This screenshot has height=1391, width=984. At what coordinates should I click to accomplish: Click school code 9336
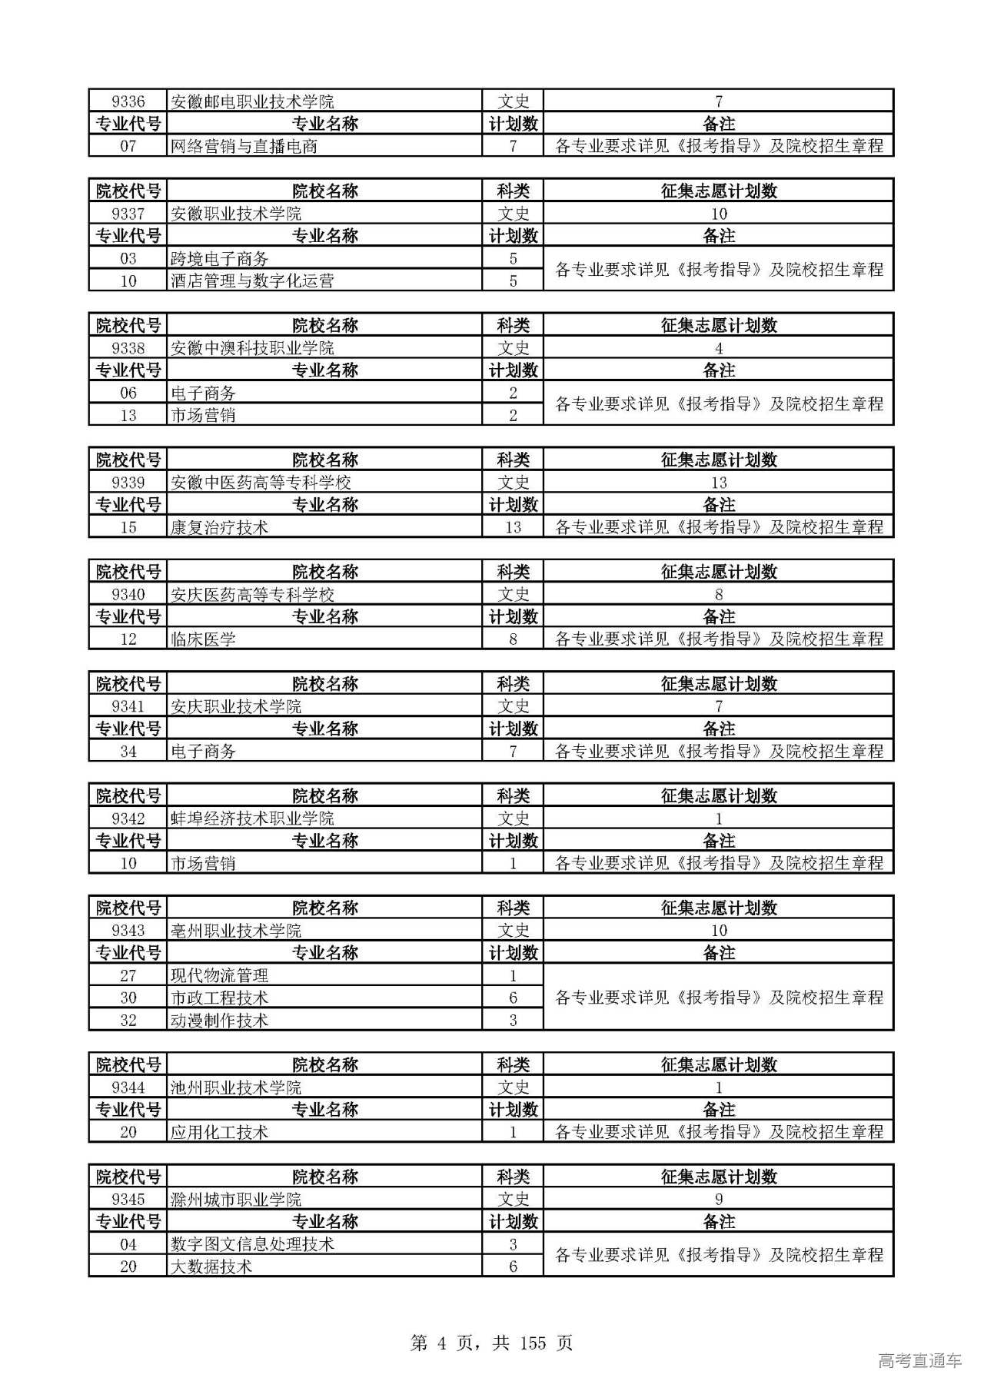point(128,101)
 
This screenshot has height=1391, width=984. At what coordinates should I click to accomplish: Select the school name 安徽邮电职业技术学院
point(252,101)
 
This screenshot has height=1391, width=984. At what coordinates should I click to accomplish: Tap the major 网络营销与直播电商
point(244,146)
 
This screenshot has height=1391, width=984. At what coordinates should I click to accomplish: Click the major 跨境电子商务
point(219,259)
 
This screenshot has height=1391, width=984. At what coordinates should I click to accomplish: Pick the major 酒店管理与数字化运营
point(252,281)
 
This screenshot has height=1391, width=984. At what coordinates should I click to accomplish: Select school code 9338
point(128,348)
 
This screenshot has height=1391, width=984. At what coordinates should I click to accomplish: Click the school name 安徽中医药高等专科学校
point(261,483)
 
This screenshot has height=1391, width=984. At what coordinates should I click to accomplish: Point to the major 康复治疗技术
point(219,527)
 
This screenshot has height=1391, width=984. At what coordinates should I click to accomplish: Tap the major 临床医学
point(203,639)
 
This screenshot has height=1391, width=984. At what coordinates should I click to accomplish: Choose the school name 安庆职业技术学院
point(236,706)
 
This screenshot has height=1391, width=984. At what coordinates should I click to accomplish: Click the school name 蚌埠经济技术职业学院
point(252,818)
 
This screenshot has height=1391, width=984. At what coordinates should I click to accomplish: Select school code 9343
point(128,931)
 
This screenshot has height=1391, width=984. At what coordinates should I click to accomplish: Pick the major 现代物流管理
point(219,976)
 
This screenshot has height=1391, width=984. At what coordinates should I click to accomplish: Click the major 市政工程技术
point(219,998)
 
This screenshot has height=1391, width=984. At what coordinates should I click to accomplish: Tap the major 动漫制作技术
point(219,1021)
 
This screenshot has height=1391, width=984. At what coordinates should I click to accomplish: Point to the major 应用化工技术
point(219,1132)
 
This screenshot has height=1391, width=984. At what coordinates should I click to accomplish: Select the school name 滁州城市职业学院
point(236,1200)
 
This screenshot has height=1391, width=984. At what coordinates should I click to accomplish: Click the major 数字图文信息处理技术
point(252,1244)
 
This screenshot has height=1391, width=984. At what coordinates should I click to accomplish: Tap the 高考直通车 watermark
point(919,1361)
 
